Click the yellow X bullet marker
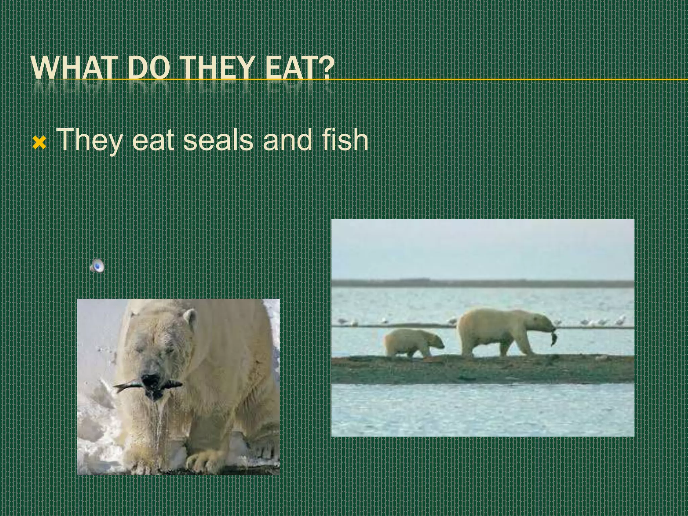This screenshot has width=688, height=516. [39, 143]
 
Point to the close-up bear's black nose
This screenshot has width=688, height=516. [151, 380]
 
